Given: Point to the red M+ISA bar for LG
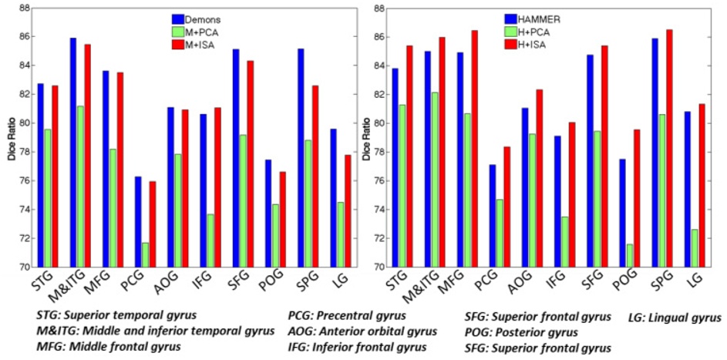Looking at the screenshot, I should pos(327,210).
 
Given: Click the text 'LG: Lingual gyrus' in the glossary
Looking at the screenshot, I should pos(672,317).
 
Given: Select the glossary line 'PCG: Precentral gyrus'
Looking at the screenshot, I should pos(352,317).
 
